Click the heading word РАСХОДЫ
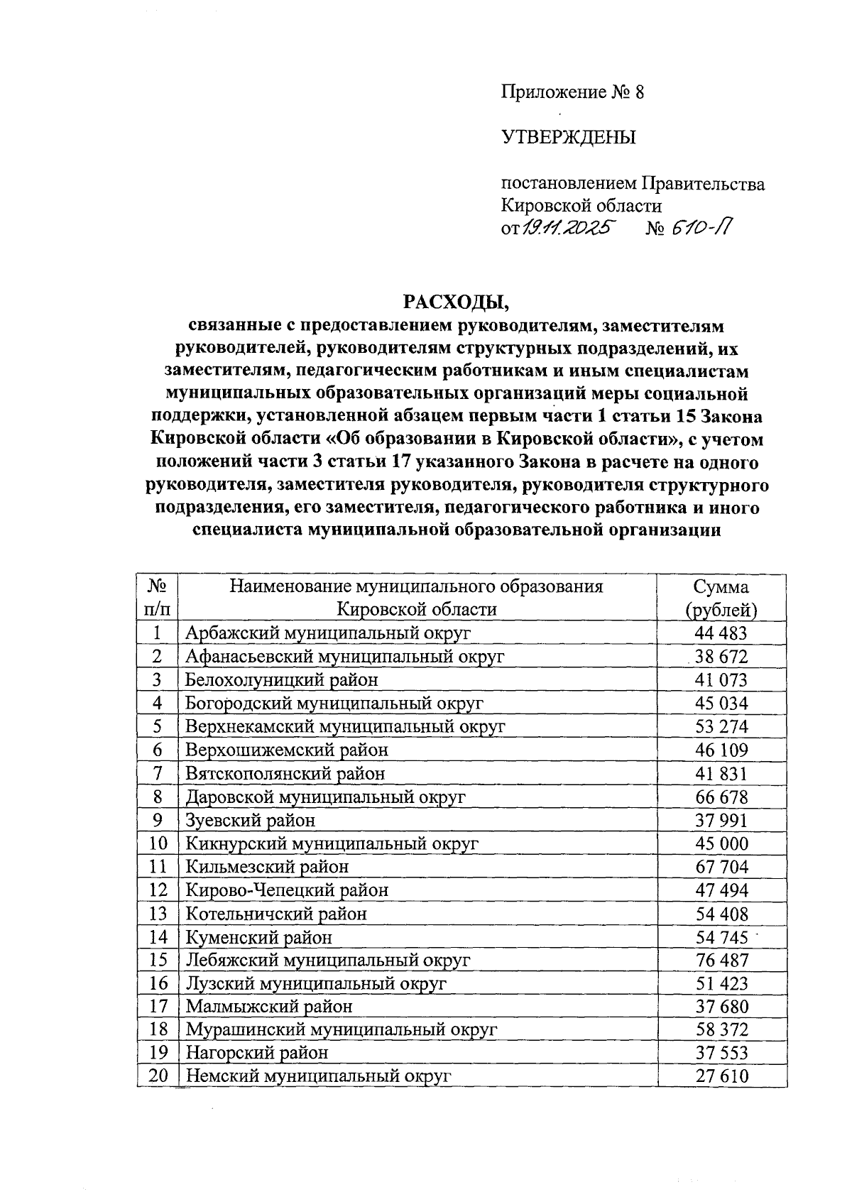pos(457,302)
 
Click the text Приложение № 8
pos(572,93)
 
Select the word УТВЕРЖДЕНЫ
pos(568,138)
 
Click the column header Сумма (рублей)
pos(721,598)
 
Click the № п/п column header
pos(157,598)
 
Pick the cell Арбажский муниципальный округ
pos(327,633)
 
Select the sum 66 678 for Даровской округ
pos(721,797)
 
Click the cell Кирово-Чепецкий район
pos(287,890)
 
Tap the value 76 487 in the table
pos(721,961)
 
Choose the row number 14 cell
pos(157,937)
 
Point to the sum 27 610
pos(721,1076)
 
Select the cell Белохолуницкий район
pos(281,679)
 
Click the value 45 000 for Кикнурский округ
pos(721,843)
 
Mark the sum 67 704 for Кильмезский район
pos(721,867)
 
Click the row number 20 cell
pos(157,1076)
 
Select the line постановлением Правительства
pos(633,185)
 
